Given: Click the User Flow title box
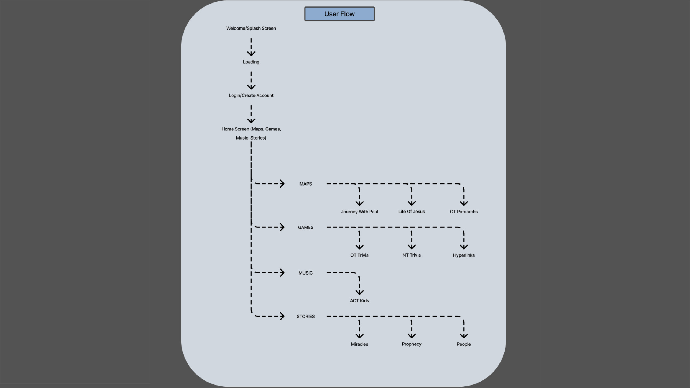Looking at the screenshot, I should [339, 14].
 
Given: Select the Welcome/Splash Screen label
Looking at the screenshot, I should [251, 28].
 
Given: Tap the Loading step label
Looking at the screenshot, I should [251, 62].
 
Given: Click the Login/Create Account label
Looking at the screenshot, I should [251, 95].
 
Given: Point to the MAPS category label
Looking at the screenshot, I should [305, 184].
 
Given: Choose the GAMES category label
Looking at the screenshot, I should [305, 227].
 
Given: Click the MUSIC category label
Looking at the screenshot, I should [305, 273].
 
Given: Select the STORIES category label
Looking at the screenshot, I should [305, 316].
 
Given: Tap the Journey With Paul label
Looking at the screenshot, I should [359, 212].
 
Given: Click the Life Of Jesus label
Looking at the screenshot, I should [411, 212].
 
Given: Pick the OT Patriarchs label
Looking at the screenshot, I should [464, 212].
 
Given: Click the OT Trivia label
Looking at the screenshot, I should [359, 255].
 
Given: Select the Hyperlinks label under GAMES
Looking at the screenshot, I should [464, 255].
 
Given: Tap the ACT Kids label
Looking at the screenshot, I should [359, 300].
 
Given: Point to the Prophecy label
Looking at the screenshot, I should [411, 344].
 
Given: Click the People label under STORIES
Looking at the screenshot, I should [464, 344].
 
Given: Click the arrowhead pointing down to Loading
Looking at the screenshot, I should [251, 54].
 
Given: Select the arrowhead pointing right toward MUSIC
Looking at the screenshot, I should [282, 273].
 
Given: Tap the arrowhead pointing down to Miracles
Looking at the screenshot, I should [359, 336].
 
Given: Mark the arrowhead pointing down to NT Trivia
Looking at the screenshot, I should [411, 247].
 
